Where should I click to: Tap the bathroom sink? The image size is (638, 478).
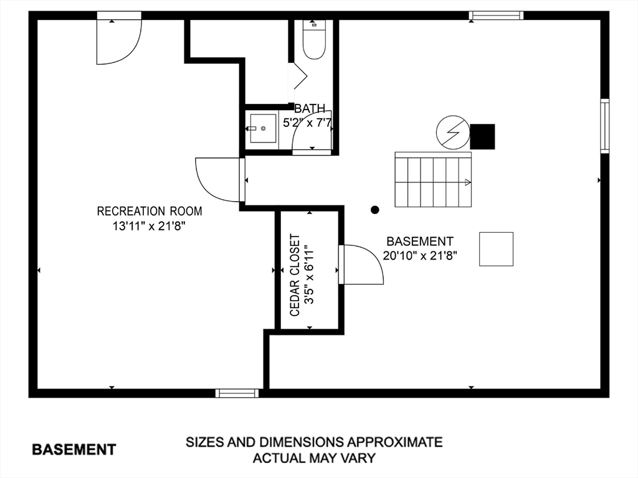pyautogui.click(x=263, y=128)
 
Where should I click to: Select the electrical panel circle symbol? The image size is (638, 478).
pyautogui.click(x=452, y=133)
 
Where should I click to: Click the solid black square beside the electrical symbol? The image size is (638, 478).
pyautogui.click(x=482, y=136)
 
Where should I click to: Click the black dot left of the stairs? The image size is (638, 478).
pyautogui.click(x=374, y=210)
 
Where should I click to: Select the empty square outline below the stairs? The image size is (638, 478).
pyautogui.click(x=496, y=249)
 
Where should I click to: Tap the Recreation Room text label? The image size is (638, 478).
pyautogui.click(x=150, y=212)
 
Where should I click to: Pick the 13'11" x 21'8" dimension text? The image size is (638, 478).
pyautogui.click(x=150, y=227)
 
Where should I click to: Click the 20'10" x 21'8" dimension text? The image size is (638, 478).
pyautogui.click(x=421, y=255)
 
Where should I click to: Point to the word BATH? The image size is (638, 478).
pyautogui.click(x=310, y=109)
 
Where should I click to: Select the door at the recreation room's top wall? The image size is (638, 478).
pyautogui.click(x=118, y=41)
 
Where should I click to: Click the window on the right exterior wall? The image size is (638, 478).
pyautogui.click(x=604, y=126)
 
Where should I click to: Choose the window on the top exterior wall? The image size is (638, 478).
pyautogui.click(x=496, y=16)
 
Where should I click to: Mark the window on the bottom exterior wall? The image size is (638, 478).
pyautogui.click(x=237, y=393)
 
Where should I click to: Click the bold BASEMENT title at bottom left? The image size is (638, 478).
pyautogui.click(x=74, y=449)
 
